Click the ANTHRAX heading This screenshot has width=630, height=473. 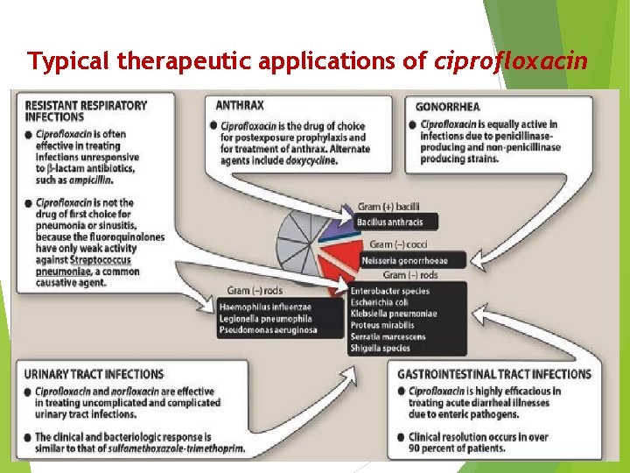click(x=240, y=105)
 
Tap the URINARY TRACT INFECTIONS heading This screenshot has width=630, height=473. click(x=94, y=374)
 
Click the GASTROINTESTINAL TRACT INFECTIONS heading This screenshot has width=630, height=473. click(x=494, y=374)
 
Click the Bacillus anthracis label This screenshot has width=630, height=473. click(x=389, y=222)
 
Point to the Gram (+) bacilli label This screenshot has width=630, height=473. click(x=388, y=207)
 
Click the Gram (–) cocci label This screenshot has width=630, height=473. click(x=398, y=244)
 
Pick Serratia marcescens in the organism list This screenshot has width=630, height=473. click(x=388, y=336)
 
